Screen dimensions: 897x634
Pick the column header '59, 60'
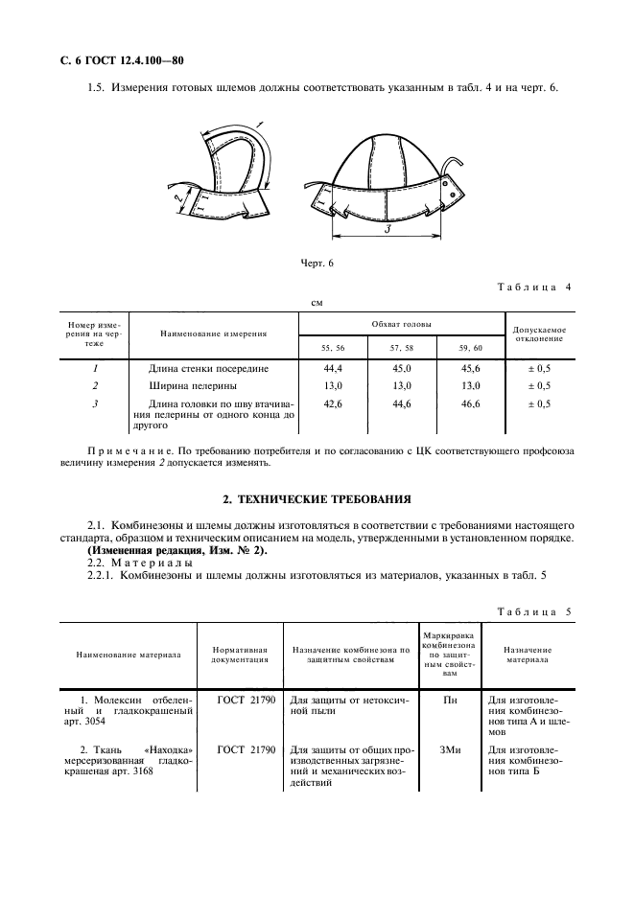tap(470, 346)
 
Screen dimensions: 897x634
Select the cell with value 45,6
tap(470, 368)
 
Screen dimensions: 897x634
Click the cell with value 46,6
tap(470, 404)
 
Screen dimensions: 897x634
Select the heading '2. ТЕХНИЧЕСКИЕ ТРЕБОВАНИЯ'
tap(317, 499)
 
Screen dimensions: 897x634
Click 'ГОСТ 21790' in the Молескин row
tap(246, 701)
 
